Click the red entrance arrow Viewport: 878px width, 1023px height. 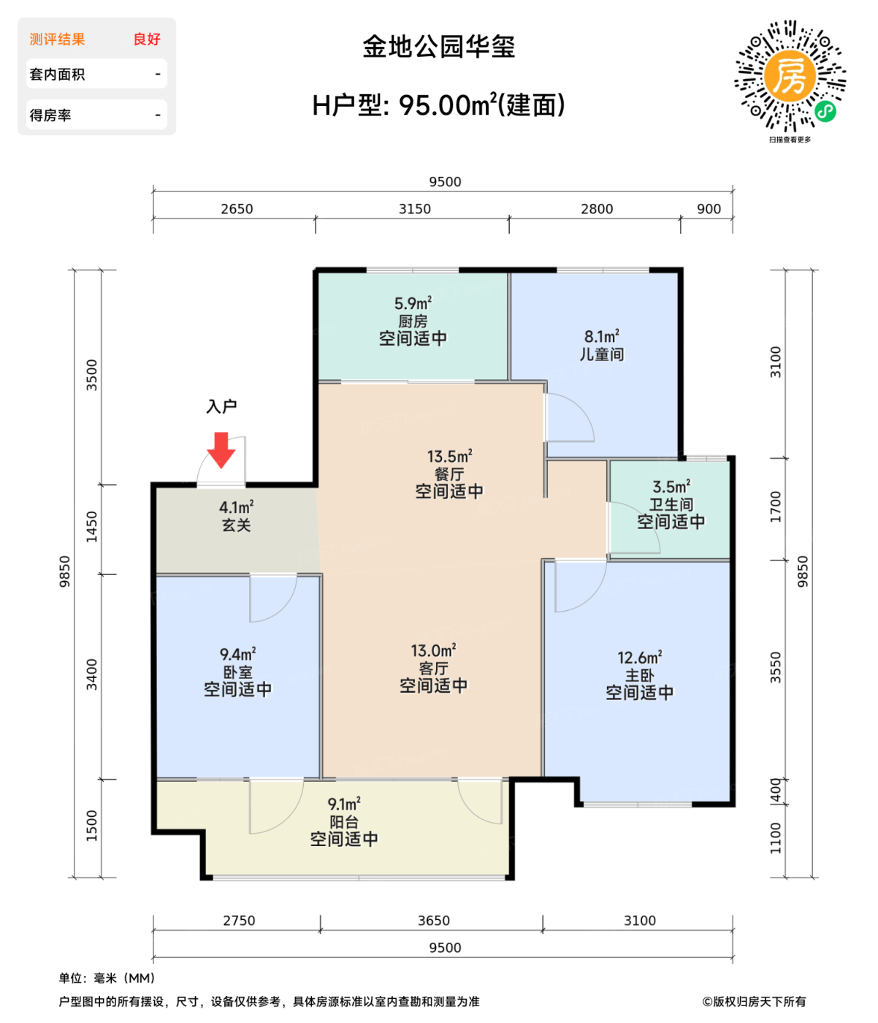click(221, 449)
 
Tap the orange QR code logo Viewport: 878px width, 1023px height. click(790, 75)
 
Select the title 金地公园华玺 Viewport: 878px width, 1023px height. click(439, 47)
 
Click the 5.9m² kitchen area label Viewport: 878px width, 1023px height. click(413, 303)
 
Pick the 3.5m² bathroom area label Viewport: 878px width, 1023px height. click(671, 487)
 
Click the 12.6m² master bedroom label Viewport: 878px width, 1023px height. click(640, 658)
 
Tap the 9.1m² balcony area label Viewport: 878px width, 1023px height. click(344, 805)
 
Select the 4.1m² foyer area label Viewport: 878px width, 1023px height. click(237, 507)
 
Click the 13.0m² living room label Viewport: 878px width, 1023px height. click(433, 650)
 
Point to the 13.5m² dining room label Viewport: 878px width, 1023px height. click(449, 457)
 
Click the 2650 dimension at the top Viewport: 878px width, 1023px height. click(237, 209)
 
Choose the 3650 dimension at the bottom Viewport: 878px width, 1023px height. click(434, 921)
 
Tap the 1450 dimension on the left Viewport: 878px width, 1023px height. click(92, 526)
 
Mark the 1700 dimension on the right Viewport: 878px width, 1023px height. click(776, 506)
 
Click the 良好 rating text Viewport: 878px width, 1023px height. click(147, 39)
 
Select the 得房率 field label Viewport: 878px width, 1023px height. click(50, 115)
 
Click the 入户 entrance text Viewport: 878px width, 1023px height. click(221, 406)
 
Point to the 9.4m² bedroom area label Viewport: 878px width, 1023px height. click(237, 654)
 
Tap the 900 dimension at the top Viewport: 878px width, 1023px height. click(709, 209)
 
